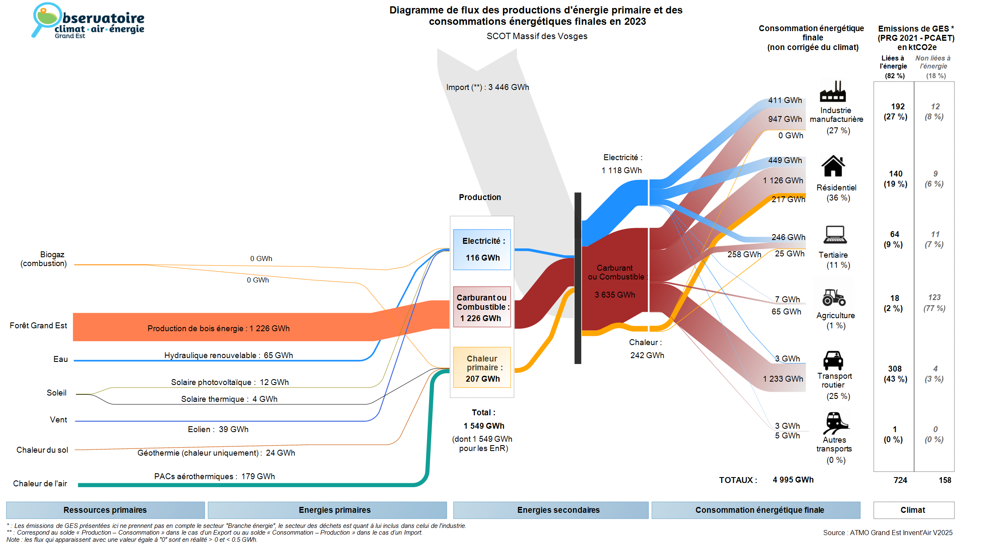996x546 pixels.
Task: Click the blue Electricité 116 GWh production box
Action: click(x=482, y=249)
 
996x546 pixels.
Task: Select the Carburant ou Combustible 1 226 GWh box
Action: click(x=482, y=307)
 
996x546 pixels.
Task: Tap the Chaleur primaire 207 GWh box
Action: click(x=482, y=367)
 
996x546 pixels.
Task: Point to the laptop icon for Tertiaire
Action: click(x=835, y=235)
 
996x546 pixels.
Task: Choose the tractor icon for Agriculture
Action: click(x=834, y=297)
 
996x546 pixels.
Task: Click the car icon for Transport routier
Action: click(x=833, y=360)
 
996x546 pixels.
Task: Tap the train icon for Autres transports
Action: click(x=835, y=422)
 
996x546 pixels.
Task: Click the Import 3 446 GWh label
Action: click(x=487, y=87)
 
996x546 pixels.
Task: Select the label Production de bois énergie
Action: click(x=219, y=328)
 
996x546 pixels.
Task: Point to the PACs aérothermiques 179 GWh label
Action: click(x=214, y=476)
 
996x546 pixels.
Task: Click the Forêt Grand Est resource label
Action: click(x=38, y=325)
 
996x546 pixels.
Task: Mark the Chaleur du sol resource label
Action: click(x=42, y=450)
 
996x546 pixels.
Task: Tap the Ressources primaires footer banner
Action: click(x=105, y=510)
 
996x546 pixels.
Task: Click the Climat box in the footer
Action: click(x=913, y=510)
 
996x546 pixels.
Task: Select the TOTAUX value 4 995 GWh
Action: click(x=793, y=480)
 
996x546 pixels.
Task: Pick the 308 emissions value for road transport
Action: click(x=895, y=369)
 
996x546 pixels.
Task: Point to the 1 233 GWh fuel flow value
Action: click(x=783, y=379)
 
